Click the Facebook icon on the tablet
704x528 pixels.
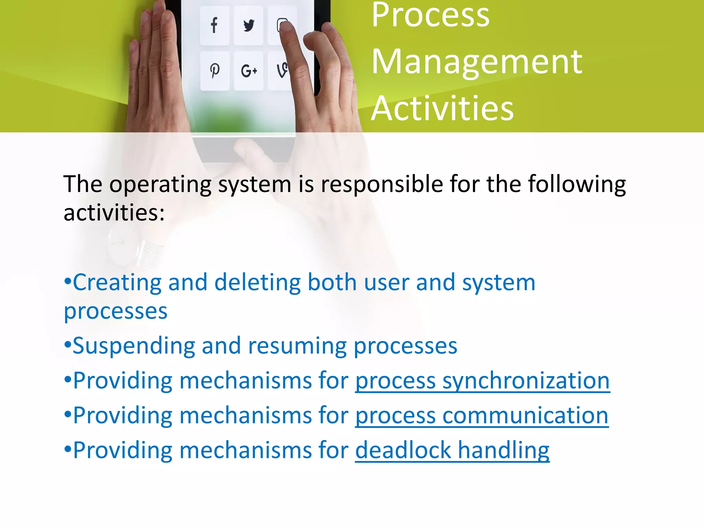214,25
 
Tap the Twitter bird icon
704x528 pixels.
249,25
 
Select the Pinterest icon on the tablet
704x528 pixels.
215,70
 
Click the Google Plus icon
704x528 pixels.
249,71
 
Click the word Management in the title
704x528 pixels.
477,62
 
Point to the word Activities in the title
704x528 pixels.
442,109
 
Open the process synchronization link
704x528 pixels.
482,381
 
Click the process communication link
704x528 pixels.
482,416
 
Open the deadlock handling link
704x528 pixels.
452,450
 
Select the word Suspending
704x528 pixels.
134,346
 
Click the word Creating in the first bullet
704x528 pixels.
117,283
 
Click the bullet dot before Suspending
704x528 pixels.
68,344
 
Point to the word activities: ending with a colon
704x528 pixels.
114,213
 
